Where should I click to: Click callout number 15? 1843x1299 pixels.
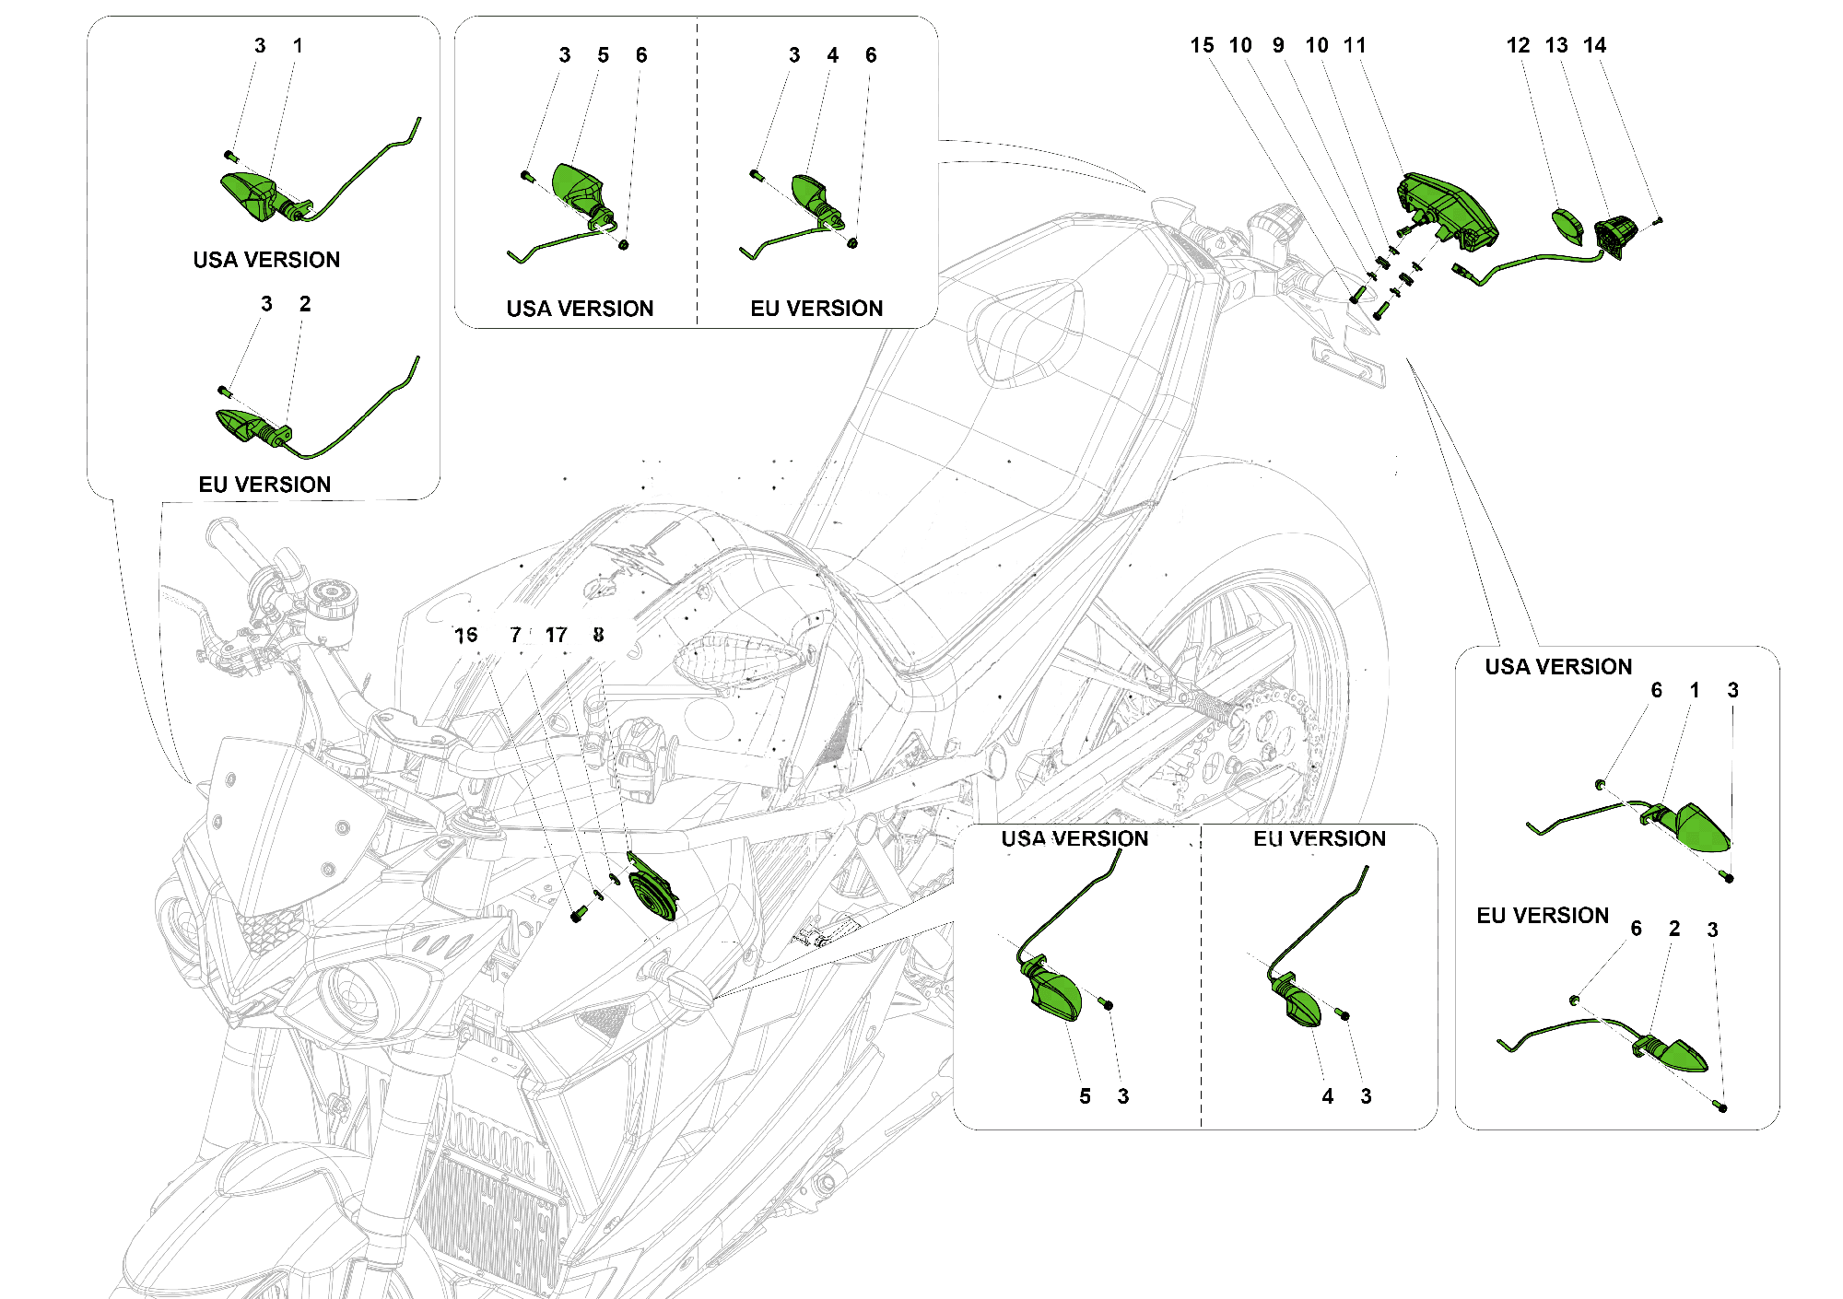tap(1202, 46)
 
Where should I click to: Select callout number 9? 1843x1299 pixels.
tap(1278, 46)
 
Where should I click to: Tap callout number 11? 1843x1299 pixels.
tap(1355, 46)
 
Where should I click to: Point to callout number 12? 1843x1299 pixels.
tap(1518, 46)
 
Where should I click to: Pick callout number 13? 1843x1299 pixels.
tap(1556, 46)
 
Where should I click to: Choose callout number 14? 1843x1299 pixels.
tap(1594, 46)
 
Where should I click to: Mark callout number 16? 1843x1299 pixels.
tap(466, 636)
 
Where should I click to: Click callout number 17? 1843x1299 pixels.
tap(556, 636)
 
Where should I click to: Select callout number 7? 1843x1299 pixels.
tap(516, 636)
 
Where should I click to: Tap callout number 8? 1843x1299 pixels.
tap(599, 636)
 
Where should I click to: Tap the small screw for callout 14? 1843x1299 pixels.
tap(1658, 221)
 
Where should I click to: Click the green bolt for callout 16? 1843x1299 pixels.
tap(578, 915)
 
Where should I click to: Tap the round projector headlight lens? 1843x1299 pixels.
tap(355, 995)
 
